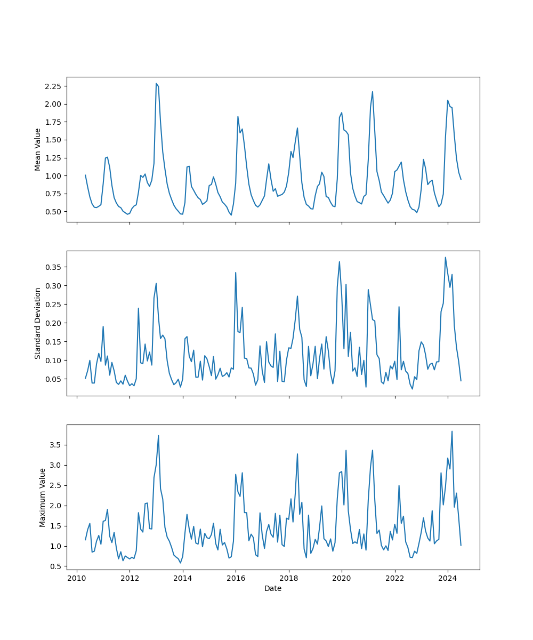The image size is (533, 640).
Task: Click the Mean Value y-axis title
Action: click(38, 149)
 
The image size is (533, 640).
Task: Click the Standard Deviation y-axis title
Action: click(38, 323)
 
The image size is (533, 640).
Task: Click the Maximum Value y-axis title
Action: click(43, 497)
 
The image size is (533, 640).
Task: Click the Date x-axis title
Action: click(273, 588)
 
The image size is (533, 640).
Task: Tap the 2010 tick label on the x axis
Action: click(77, 578)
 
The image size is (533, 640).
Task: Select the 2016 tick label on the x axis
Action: click(236, 578)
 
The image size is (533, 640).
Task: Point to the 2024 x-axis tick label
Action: click(448, 578)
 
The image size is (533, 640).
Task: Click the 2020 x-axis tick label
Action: click(342, 578)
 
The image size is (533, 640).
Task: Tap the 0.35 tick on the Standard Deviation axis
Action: click(52, 267)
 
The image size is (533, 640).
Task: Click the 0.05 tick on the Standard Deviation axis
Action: click(52, 379)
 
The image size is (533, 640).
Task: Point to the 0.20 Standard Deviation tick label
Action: click(52, 323)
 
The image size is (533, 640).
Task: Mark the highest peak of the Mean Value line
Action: click(156, 83)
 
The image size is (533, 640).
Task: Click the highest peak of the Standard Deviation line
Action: click(446, 257)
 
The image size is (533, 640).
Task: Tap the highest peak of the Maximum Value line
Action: click(452, 431)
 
